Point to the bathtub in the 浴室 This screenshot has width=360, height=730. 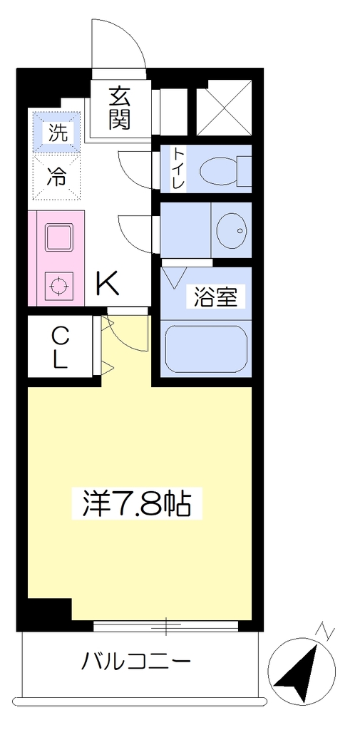click(206, 349)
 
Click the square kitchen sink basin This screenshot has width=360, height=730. click(58, 237)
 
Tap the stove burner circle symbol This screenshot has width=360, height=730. click(58, 286)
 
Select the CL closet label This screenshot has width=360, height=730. click(59, 346)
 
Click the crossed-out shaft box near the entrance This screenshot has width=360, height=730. click(224, 109)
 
